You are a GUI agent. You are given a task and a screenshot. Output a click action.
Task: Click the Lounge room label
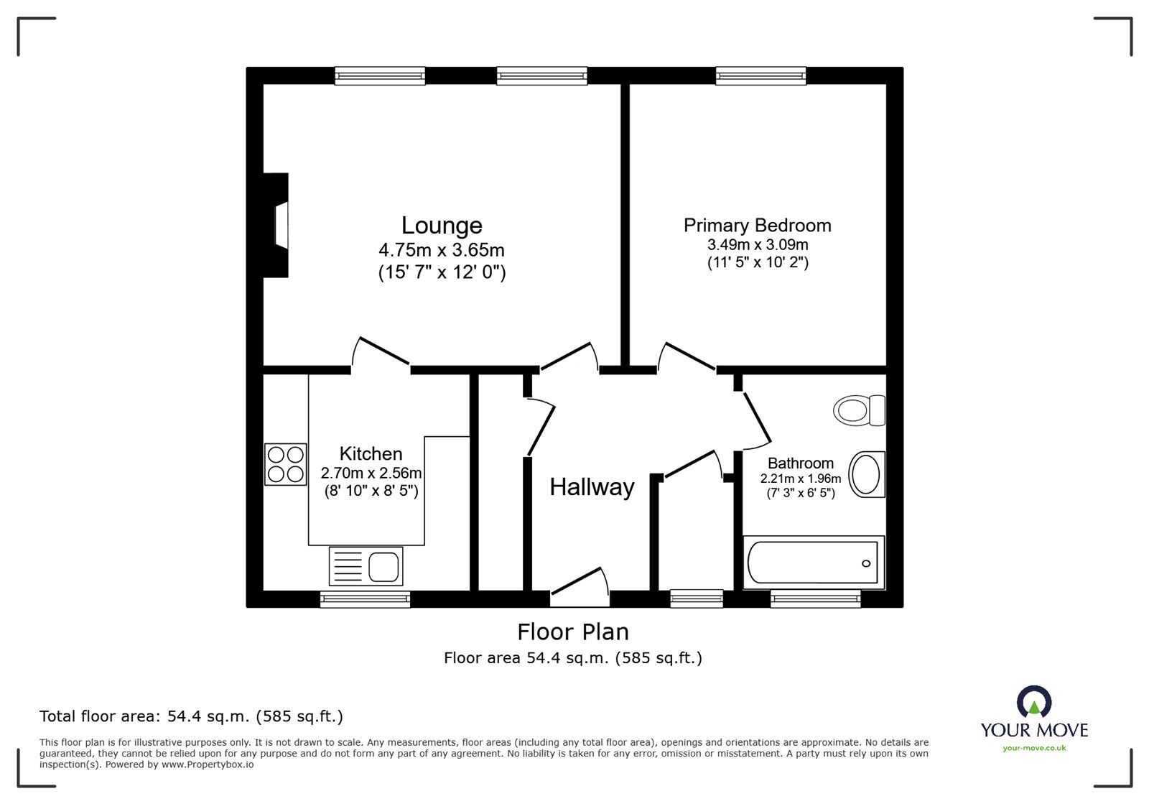tap(442, 225)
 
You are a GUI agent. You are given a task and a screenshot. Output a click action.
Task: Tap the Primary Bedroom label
tap(757, 225)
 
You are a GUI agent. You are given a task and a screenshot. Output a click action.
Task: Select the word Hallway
tap(592, 486)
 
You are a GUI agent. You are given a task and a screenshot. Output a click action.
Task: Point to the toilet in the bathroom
tap(859, 410)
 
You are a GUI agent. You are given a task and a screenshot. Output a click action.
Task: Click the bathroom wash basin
tap(867, 475)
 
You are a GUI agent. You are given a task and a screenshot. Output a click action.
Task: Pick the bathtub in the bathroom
tap(814, 563)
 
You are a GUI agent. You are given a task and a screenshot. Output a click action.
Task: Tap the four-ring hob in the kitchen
tap(286, 464)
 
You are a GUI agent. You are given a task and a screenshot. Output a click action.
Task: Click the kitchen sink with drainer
tap(366, 566)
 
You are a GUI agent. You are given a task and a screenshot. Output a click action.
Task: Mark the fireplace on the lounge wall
tap(276, 225)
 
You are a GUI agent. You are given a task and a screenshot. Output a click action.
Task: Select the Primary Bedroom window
tap(760, 76)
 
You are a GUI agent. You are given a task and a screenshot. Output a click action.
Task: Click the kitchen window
tap(366, 599)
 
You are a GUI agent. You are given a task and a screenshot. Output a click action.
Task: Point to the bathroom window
tap(816, 599)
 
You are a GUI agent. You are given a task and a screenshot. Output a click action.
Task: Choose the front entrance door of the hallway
tap(580, 588)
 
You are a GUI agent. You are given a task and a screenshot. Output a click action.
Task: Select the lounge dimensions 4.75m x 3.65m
tap(442, 250)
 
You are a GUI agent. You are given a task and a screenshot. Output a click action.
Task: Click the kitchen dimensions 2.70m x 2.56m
tap(371, 473)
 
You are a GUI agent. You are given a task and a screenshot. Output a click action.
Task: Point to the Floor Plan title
tap(573, 632)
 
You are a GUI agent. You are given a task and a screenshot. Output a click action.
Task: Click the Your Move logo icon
tap(1034, 701)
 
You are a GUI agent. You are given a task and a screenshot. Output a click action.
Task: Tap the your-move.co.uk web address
tap(1034, 748)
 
